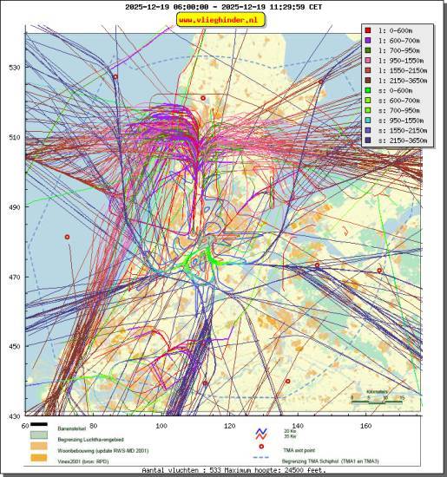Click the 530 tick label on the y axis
14,68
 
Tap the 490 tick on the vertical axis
14,207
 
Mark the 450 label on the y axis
14,347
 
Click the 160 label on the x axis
366,426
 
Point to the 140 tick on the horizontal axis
298,426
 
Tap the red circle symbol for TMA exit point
260,448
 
